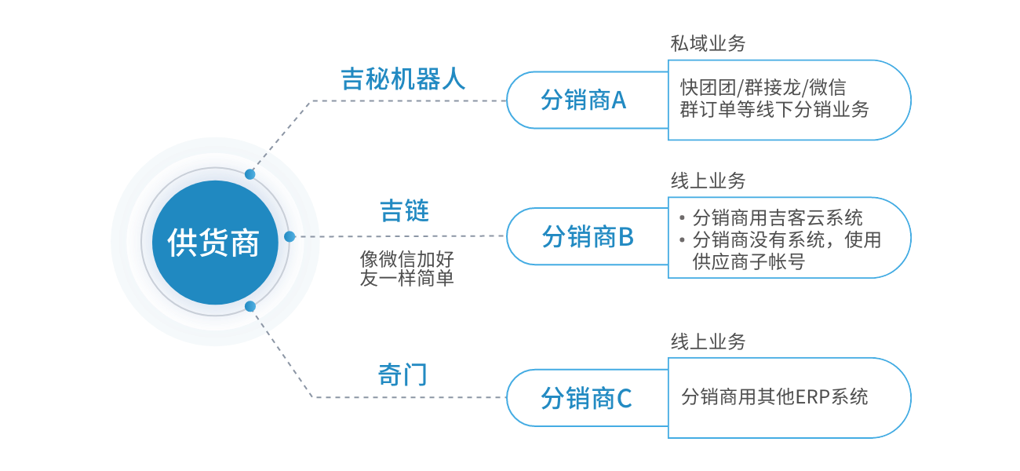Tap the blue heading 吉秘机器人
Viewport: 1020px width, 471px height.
[x=403, y=79]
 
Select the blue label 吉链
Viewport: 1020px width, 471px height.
[x=404, y=211]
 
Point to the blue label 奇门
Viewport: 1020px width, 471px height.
[x=403, y=374]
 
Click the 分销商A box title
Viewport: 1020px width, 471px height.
[x=584, y=100]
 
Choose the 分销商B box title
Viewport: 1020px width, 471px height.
[x=588, y=236]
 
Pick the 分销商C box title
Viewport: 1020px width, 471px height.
[x=586, y=399]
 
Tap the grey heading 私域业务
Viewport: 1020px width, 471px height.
[x=708, y=44]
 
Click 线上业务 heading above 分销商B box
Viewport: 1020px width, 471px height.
[x=708, y=181]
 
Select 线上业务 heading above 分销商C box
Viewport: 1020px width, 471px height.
[x=708, y=341]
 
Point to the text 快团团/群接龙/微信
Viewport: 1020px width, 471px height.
[x=763, y=87]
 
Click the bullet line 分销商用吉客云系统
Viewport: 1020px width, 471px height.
[x=778, y=217]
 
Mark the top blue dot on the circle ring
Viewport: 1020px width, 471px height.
[x=250, y=173]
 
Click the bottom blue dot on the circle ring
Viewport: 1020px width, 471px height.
[x=250, y=306]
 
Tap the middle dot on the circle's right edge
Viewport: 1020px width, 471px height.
[x=290, y=236]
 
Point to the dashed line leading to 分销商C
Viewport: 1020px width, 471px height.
[x=408, y=397]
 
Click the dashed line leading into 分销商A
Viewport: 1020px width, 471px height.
[x=408, y=100]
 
